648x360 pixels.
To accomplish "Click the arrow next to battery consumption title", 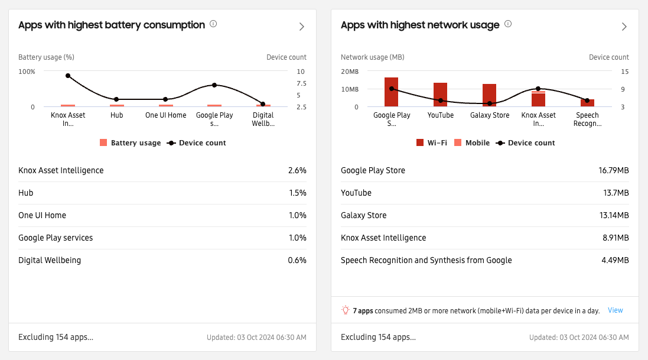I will [301, 27].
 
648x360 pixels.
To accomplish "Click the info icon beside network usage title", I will [508, 24].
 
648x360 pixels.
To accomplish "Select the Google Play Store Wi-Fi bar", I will [391, 92].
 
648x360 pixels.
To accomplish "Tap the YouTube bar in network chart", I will [440, 95].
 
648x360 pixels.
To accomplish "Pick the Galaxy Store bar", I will [489, 95].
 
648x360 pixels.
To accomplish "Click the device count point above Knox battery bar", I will [68, 76].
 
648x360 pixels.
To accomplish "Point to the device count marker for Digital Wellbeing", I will [263, 104].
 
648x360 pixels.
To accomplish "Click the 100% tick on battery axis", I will [27, 72].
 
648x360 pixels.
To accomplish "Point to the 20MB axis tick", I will [350, 72].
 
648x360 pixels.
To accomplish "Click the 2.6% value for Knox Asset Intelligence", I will [297, 170].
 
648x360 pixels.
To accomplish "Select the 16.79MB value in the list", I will [613, 170].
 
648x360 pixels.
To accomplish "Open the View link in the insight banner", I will [616, 310].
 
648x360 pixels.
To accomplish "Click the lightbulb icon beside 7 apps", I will [346, 310].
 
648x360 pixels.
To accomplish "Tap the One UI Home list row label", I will [43, 215].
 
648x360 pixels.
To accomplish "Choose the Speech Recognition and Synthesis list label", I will [426, 260].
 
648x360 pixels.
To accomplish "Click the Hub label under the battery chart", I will [117, 115].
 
